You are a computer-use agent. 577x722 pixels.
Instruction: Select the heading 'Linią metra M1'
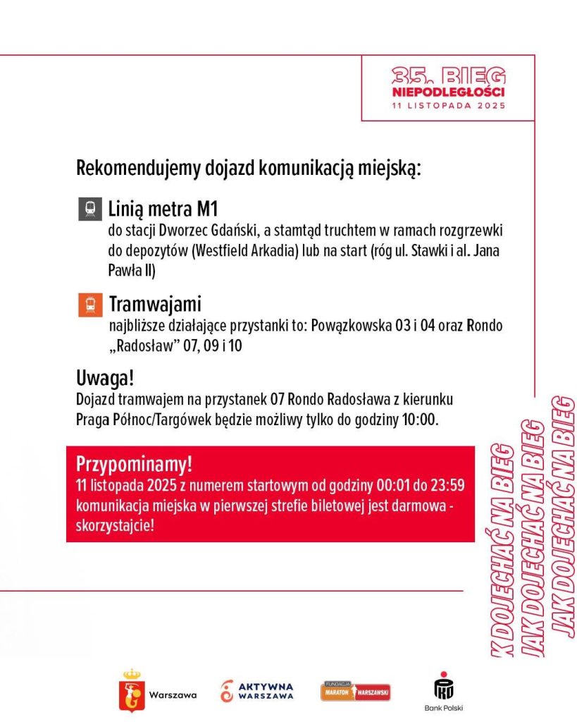[x=158, y=209]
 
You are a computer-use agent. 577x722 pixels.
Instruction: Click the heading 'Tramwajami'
[x=155, y=305]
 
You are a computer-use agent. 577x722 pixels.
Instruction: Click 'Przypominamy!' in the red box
[x=134, y=465]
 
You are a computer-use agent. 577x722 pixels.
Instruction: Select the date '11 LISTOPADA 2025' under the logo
[x=449, y=106]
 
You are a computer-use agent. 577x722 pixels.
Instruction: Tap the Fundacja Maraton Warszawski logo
[x=356, y=691]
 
